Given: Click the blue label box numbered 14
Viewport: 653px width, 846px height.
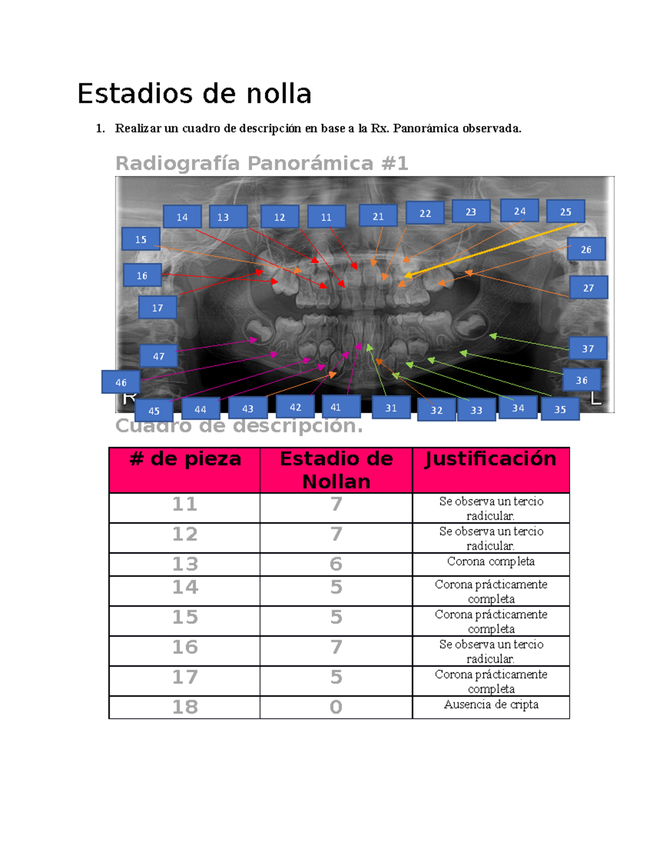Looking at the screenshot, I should coord(182,217).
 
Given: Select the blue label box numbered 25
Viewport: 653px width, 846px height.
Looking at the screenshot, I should coord(565,211).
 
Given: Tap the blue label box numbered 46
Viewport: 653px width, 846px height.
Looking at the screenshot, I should coord(121,382).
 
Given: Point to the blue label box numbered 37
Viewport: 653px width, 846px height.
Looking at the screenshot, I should coord(588,348).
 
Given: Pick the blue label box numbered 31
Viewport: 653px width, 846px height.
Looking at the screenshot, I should coord(391,407).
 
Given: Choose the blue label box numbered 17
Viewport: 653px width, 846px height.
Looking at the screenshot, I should coord(157,308).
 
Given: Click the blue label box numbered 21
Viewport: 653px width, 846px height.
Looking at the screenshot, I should coord(378,216).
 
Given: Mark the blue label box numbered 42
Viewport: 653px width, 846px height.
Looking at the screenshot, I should coord(295,407).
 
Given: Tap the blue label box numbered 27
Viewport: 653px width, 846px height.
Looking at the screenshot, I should coord(588,288).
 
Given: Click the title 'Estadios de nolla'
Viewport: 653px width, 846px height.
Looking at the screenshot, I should coord(194,94).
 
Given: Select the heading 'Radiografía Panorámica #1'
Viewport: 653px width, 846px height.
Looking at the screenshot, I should coord(262,163).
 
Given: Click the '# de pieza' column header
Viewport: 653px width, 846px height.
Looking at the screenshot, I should coord(185,459).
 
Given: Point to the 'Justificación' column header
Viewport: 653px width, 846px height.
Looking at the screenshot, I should coord(490,459).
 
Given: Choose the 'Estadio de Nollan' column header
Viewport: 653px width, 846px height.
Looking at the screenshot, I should coord(336,470).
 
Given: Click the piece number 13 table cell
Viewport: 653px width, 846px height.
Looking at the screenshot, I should coord(185,564).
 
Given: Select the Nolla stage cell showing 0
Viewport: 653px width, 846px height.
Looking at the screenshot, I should coord(336,707).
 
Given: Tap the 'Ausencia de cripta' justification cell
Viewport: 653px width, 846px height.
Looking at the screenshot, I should coord(491,705).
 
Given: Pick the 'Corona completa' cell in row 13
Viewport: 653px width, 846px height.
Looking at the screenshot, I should coord(491,562).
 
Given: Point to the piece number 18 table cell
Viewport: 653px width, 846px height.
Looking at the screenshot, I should coord(185,707).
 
